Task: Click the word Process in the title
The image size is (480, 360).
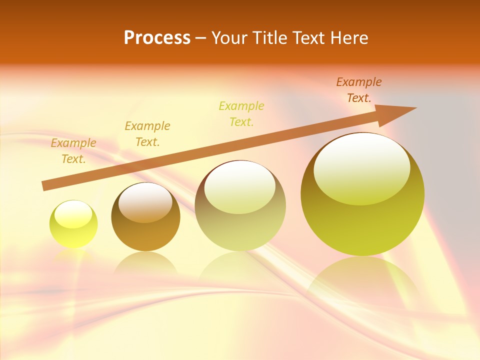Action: click(x=157, y=38)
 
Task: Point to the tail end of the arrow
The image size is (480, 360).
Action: click(x=45, y=185)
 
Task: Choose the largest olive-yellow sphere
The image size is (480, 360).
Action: click(x=362, y=220)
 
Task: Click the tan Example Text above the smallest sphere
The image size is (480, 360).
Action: click(x=73, y=151)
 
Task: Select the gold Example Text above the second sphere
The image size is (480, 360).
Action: click(x=147, y=134)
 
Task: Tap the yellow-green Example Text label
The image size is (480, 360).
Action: click(x=241, y=114)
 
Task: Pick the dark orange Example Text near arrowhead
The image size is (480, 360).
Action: click(x=359, y=90)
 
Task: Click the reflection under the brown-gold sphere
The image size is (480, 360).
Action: click(x=145, y=262)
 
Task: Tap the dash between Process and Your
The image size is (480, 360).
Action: click(x=200, y=38)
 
